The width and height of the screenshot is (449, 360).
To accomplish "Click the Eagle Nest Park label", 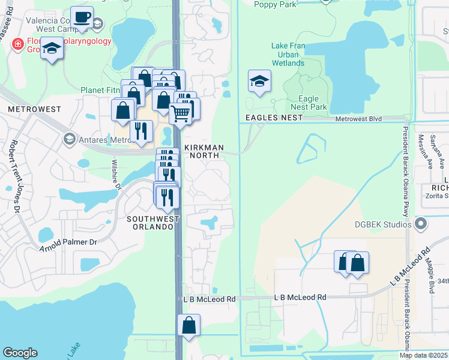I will point(313,103).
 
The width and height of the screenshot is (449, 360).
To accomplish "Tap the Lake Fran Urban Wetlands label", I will point(288,54).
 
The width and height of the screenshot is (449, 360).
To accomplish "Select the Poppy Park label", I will point(275,4).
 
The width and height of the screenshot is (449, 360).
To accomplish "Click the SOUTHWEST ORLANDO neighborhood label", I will point(153,223).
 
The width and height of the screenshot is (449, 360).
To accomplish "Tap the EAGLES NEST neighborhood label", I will point(274,118).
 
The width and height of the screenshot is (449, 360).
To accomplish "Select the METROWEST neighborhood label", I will point(35,109).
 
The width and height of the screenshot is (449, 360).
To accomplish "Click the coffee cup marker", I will point(82,17).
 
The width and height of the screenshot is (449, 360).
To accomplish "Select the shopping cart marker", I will point(181,112).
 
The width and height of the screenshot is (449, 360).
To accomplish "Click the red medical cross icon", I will point(18,44).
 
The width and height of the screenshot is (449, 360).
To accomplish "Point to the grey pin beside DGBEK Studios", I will point(421,224).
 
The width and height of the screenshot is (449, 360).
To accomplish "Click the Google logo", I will point(20,353).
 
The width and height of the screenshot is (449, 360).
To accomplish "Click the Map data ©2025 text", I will point(423,355).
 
